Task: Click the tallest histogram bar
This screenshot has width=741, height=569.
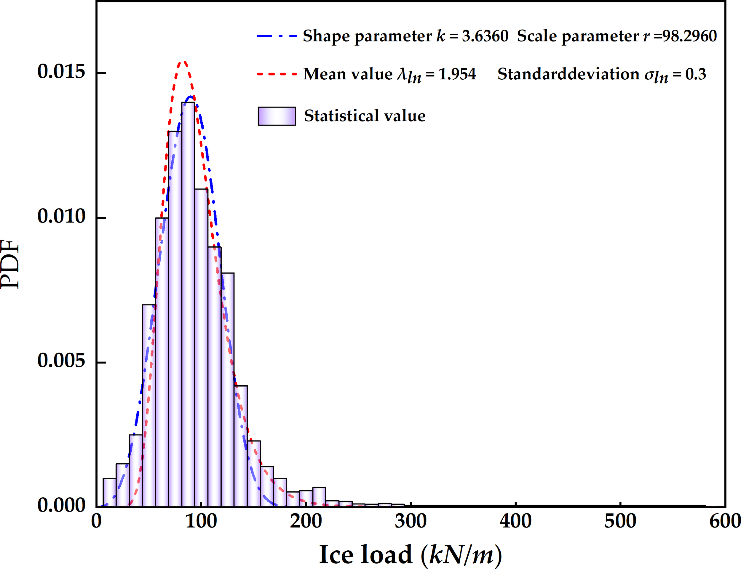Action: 188,305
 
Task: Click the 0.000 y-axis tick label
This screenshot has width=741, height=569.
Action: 61,505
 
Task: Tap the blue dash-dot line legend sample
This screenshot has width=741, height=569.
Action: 277,36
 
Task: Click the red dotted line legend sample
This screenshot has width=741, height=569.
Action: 277,74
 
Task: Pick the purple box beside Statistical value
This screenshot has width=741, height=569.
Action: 277,116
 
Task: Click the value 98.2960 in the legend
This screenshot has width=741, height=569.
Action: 689,36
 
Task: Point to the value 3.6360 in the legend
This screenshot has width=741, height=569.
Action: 485,36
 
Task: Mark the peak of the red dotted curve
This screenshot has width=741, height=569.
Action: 183,61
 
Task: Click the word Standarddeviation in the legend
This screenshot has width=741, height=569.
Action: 568,74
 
